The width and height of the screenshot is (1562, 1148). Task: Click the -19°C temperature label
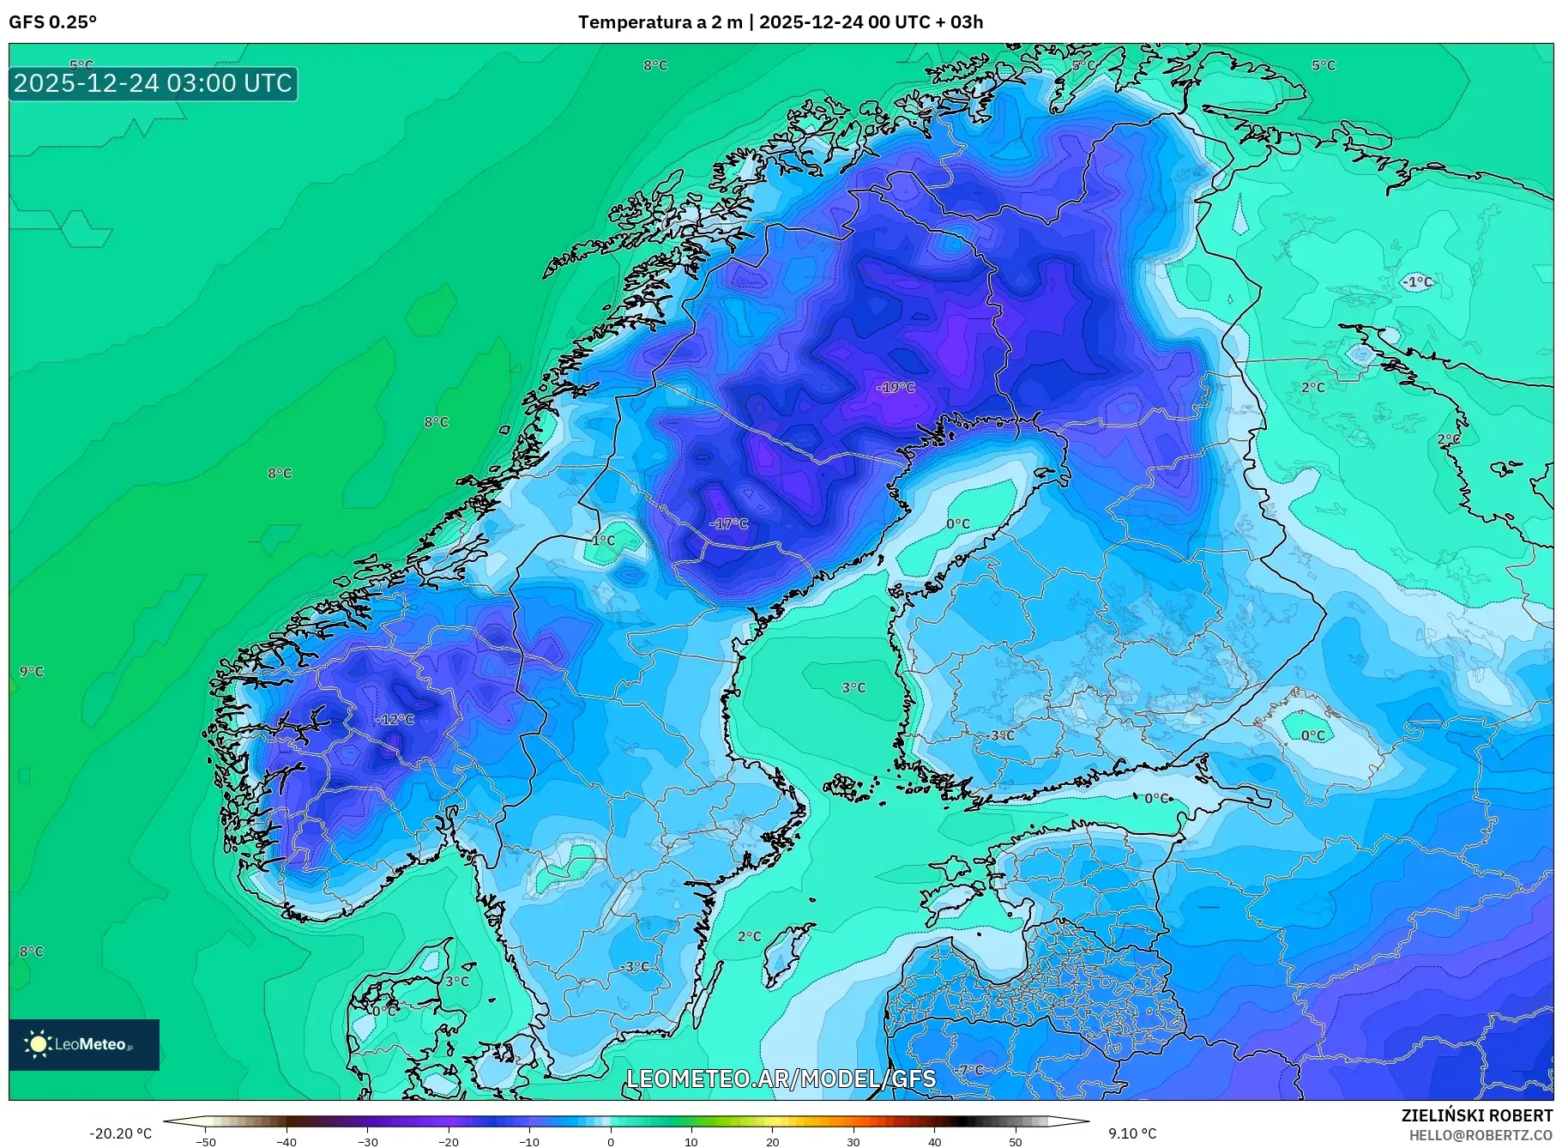coord(896,387)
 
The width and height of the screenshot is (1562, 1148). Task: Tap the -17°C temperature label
coord(729,523)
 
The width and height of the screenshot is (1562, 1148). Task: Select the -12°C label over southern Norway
coord(395,719)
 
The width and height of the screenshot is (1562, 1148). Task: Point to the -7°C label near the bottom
coord(971,1070)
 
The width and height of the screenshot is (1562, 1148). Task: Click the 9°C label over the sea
coord(32,671)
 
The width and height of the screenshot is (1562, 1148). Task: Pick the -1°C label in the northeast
coord(1417,281)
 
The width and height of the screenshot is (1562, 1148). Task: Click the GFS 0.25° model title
coord(52,22)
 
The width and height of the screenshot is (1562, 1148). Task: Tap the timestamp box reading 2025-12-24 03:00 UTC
coord(154,83)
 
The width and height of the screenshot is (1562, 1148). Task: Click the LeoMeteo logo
coord(83,1044)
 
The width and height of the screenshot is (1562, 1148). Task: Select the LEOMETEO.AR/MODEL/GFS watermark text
coord(781,1079)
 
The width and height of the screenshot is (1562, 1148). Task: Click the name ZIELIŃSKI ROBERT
coord(1476,1115)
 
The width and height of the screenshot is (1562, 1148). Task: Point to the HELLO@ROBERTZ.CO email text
coord(1481,1135)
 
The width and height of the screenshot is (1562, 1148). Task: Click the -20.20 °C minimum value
coord(120,1133)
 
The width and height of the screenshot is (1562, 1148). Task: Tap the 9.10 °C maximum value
coord(1131,1133)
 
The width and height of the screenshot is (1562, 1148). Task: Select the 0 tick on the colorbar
coord(611,1142)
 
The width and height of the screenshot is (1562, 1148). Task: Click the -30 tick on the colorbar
coord(367,1142)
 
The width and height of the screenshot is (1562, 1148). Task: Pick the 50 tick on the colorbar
coord(1016,1142)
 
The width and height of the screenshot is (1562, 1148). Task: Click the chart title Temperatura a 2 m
coord(660,22)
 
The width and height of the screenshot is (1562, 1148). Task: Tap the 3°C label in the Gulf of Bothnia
coord(853,687)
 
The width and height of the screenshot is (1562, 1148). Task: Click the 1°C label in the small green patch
coord(603,540)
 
